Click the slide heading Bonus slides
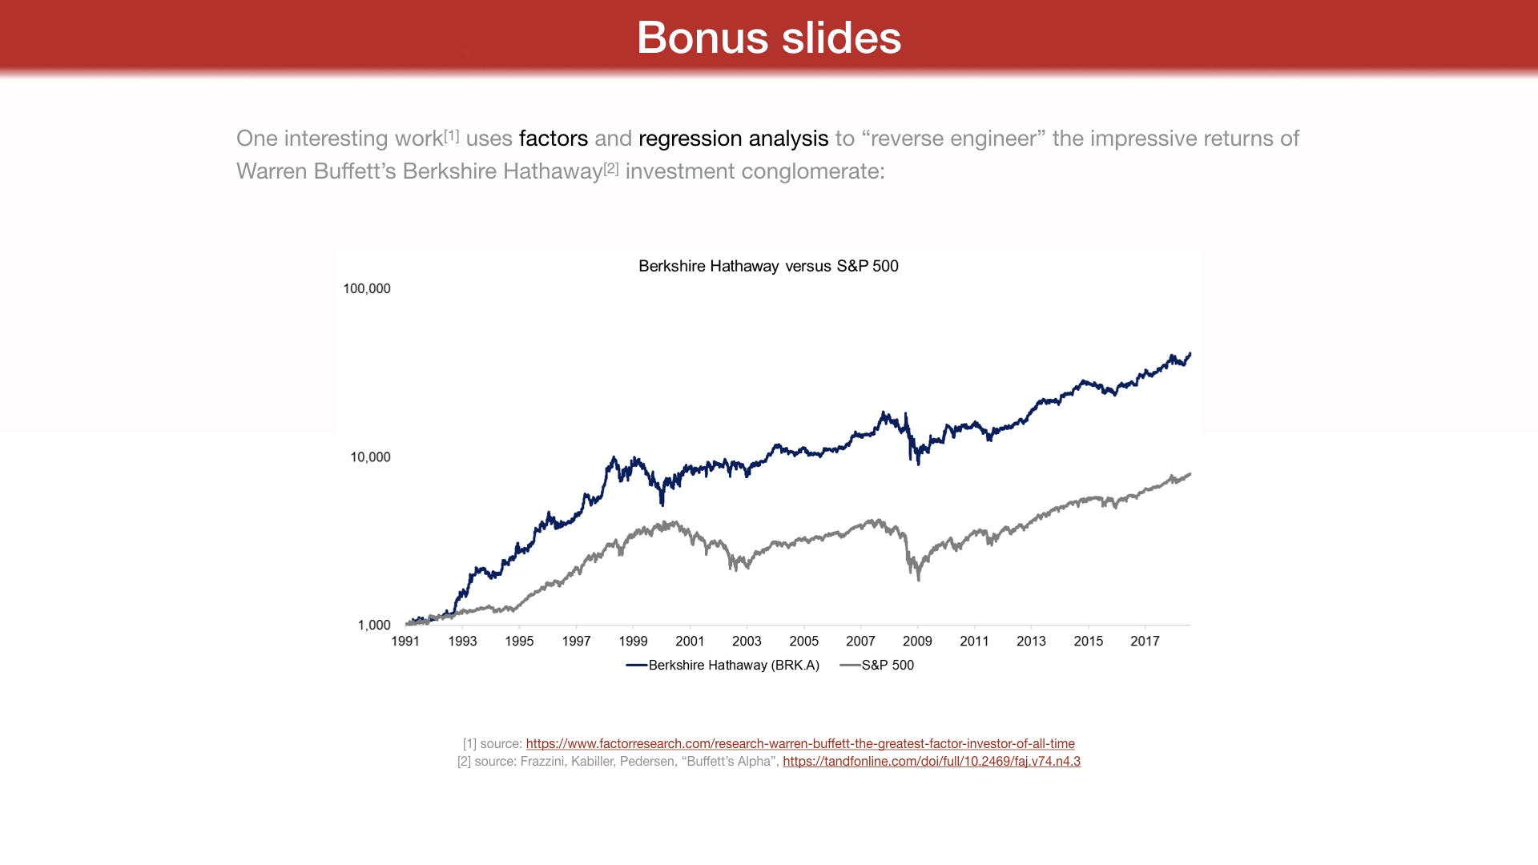point(768,38)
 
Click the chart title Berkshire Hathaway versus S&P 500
point(768,266)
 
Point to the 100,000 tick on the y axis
point(367,289)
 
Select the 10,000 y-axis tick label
point(370,457)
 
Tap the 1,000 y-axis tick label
point(374,626)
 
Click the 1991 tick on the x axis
point(405,642)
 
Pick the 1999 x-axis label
point(633,642)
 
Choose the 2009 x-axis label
point(917,642)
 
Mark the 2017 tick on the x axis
point(1145,642)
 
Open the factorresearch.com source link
point(800,744)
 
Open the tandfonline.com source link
point(931,762)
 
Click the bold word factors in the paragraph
point(554,139)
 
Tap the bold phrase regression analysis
point(733,139)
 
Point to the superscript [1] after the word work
point(452,135)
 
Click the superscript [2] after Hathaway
point(611,168)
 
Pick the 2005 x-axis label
point(803,642)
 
